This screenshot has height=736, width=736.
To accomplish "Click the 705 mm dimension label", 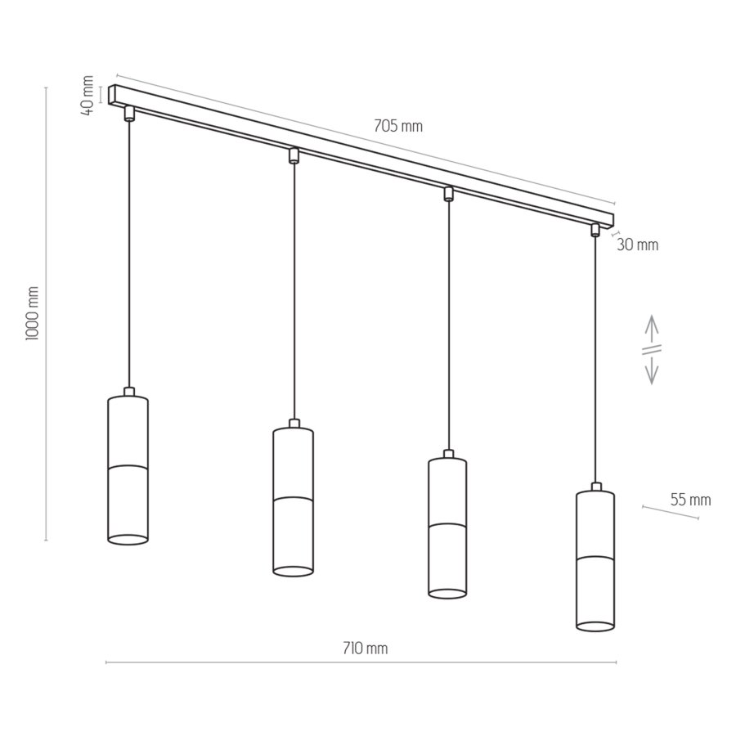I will [x=398, y=126].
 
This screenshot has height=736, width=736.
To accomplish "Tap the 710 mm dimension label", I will [x=365, y=648].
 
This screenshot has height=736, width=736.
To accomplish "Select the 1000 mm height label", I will [x=33, y=314].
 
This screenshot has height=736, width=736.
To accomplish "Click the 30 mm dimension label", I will [x=637, y=245].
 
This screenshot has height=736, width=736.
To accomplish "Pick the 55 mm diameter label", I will [x=690, y=500].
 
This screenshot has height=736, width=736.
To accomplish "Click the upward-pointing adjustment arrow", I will [x=652, y=328].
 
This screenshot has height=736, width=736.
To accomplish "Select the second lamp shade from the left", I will [x=293, y=500].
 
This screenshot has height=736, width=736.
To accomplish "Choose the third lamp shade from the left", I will [x=447, y=527].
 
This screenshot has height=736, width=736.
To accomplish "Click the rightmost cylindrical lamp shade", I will [x=595, y=560].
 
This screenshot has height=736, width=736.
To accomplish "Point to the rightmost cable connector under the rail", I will [x=595, y=230].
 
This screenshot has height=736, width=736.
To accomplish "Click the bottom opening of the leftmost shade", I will [x=128, y=539].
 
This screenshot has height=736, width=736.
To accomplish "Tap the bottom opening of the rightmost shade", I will [x=595, y=626].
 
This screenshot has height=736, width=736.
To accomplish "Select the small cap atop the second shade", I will [x=294, y=424].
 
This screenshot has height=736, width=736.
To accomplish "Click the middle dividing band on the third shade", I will [x=447, y=523].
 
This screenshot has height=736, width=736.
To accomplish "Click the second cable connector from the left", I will [x=294, y=155].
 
